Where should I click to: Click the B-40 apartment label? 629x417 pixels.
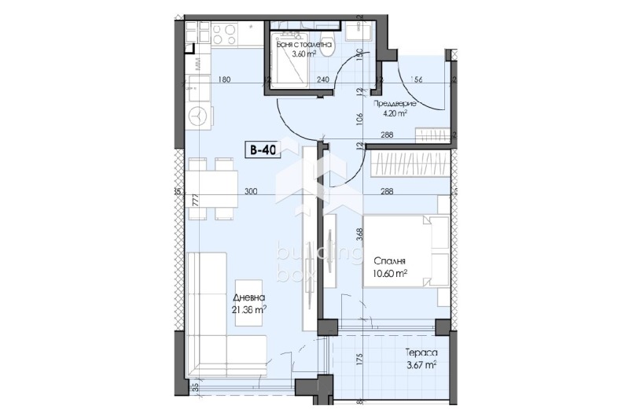263,151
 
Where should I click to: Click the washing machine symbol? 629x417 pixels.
197,116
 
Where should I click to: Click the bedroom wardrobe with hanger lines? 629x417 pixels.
407,164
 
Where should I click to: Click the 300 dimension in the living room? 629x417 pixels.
250,191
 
